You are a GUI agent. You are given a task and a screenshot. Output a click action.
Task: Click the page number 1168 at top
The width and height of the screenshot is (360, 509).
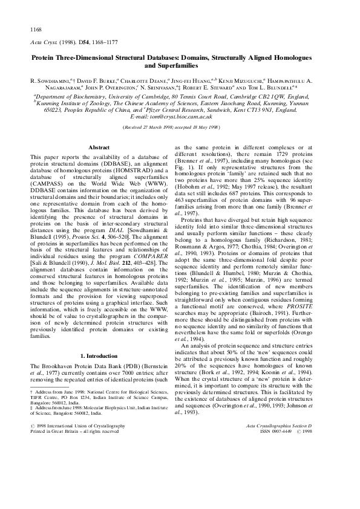point(36,29)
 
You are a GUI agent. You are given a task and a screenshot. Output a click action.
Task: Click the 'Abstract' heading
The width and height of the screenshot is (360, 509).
point(99,147)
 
